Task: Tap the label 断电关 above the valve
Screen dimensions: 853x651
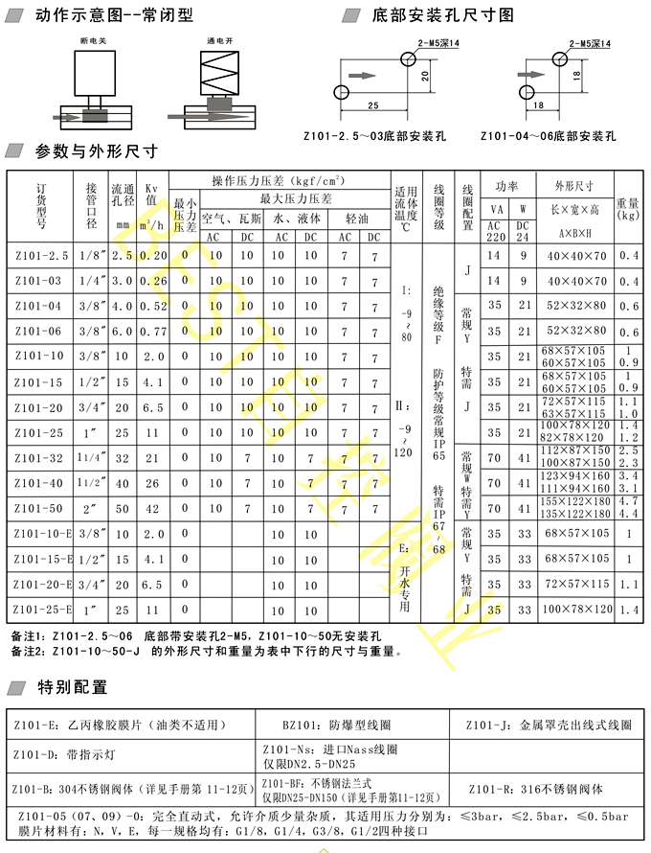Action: coord(93,43)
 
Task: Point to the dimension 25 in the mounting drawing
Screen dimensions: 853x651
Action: coord(372,104)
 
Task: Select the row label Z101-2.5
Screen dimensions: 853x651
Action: coord(42,256)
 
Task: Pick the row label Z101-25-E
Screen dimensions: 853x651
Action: coord(42,608)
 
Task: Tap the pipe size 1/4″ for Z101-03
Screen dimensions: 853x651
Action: coord(92,281)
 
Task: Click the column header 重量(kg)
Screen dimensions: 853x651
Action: coord(628,209)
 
